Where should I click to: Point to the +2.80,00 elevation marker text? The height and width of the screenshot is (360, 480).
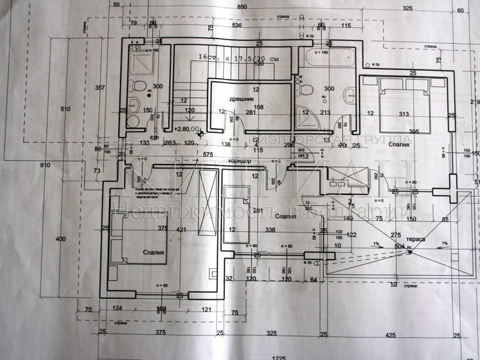pos(187,129)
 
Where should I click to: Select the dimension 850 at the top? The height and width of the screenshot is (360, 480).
pos(242,7)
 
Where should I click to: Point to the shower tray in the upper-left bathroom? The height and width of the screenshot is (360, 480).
pos(142,63)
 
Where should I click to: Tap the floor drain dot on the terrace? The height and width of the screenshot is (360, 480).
pos(410,251)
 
